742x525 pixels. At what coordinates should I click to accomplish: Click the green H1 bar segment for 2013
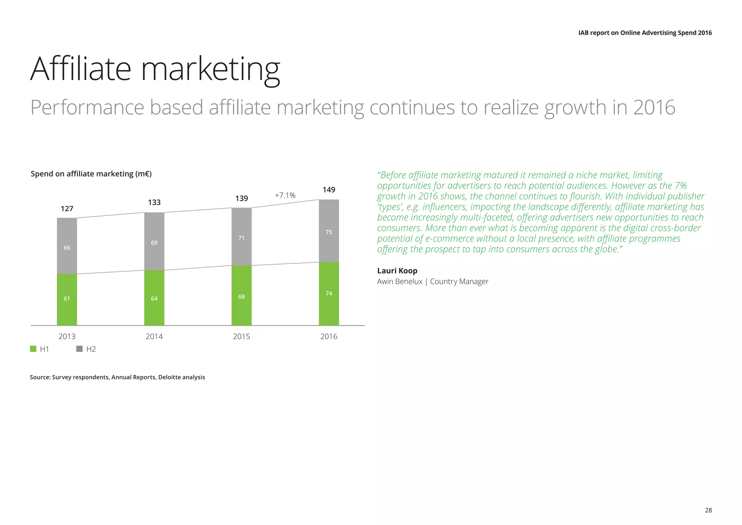67,299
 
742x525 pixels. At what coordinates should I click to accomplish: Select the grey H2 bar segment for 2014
154,241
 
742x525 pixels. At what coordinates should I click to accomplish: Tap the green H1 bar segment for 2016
329,294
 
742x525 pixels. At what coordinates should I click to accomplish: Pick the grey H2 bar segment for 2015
241,236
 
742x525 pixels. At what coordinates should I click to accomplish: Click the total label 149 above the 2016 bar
329,190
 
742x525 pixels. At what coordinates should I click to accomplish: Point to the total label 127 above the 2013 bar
67,208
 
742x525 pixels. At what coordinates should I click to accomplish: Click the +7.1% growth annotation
285,195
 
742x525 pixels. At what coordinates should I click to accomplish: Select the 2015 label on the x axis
241,336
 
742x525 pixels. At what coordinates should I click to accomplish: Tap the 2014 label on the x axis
154,336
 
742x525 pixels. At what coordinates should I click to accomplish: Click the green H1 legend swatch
33,349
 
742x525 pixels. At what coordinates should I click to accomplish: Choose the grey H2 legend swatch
80,349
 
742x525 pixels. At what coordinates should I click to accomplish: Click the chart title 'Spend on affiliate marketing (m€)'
91,174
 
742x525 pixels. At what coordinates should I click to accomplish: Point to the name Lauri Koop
397,271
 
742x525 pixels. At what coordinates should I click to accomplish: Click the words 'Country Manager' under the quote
459,282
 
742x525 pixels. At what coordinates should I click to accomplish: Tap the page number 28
708,510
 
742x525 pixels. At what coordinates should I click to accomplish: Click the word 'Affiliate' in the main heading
80,69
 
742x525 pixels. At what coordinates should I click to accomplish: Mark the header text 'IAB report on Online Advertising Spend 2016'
645,33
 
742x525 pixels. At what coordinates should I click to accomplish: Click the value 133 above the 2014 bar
154,202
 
